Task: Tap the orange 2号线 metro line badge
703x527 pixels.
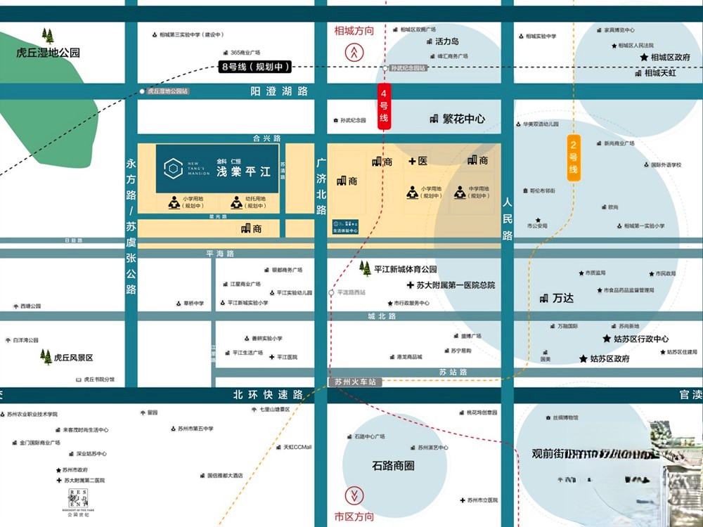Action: (x=574, y=158)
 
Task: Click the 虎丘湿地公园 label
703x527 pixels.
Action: (x=49, y=53)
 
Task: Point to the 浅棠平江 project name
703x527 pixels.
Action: (x=243, y=171)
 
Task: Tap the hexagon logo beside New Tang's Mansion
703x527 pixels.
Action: (x=173, y=168)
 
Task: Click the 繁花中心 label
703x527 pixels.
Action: (x=458, y=119)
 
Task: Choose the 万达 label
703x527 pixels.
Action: (x=562, y=298)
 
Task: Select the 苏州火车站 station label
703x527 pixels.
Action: (x=355, y=382)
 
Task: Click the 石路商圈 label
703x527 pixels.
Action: (x=393, y=465)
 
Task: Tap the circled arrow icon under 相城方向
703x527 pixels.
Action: (x=354, y=51)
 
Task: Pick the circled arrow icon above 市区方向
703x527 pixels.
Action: (x=354, y=495)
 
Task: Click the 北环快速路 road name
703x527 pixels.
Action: (x=269, y=395)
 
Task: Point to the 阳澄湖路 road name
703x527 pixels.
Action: (x=279, y=91)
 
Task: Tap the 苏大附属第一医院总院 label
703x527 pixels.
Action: (x=456, y=285)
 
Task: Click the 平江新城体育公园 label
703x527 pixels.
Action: (x=405, y=269)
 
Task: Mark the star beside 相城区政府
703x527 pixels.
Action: (x=644, y=57)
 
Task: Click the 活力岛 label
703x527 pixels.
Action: (x=446, y=41)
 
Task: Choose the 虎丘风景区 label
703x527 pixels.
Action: (x=73, y=357)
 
